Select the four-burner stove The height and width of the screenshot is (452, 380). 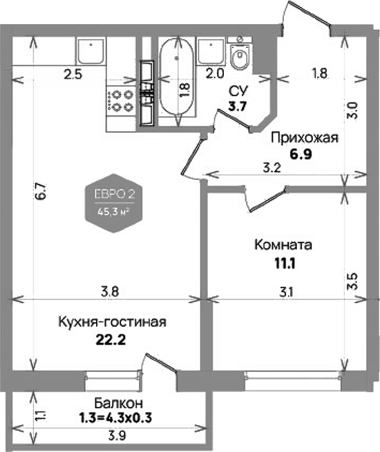pos(121,101)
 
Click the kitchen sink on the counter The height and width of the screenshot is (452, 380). pos(91,51)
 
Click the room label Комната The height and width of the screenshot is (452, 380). pos(283,245)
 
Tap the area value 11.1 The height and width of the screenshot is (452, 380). pos(285,264)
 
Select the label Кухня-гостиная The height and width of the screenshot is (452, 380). pos(113,322)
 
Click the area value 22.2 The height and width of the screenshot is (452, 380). pos(111,341)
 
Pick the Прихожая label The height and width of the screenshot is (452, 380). pos(305,138)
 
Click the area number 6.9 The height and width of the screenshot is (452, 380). pos(301,155)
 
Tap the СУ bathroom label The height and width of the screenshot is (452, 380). pos(238,91)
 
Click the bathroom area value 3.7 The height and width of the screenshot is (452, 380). pos(238,106)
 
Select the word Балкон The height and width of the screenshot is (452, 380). pos(118,403)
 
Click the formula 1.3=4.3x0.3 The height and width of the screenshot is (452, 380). pos(115,417)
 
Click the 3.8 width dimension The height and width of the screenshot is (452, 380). pos(110,292)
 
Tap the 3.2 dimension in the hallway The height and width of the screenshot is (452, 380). pos(272,167)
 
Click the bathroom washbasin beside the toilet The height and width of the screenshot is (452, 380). pos(211,51)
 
